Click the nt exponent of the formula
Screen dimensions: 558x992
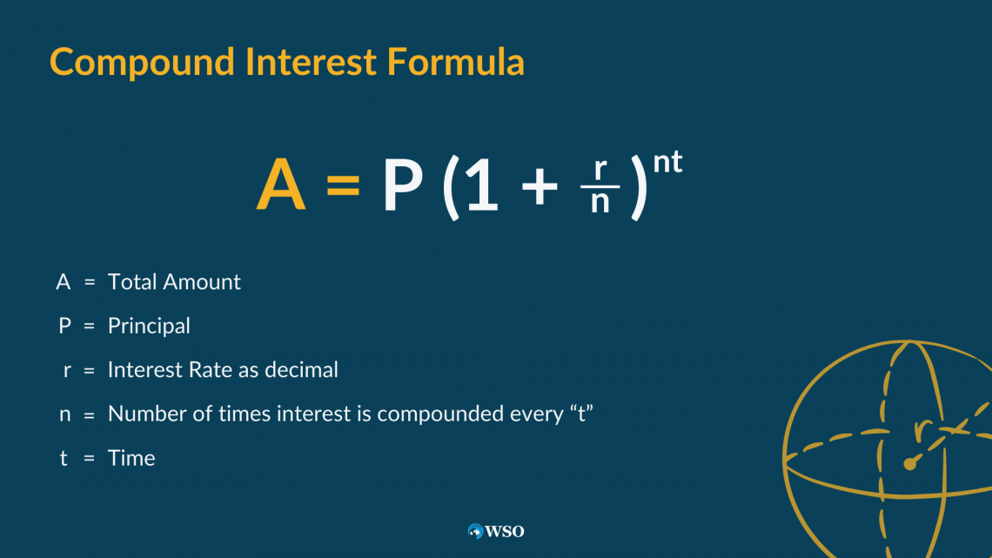[667, 162]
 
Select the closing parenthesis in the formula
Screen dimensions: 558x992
[639, 189]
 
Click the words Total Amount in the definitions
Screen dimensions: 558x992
[174, 282]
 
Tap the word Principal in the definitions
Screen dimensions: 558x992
[149, 326]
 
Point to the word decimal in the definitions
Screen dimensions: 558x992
[301, 370]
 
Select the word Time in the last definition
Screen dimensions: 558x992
[131, 459]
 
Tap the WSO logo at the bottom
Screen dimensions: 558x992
[496, 531]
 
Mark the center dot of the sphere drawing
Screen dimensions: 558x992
[909, 464]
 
